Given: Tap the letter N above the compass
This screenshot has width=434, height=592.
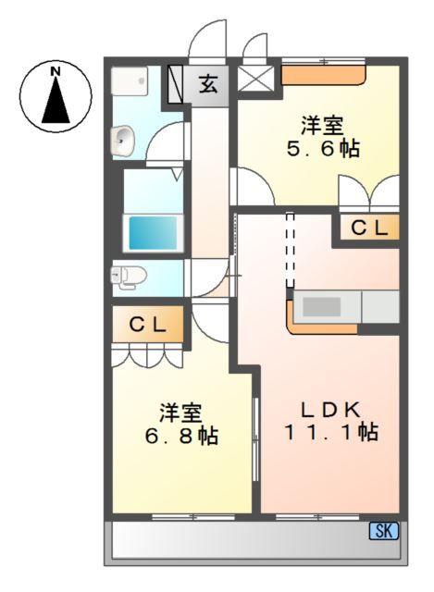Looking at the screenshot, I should pos(56,70).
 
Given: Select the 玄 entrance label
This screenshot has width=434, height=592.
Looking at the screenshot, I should pos(208,85).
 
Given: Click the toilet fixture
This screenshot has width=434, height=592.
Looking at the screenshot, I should pos(125,275).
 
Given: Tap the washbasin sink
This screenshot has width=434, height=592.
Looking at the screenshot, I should pos(123,141).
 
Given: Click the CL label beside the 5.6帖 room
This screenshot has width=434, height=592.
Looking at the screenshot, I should pos(366,228).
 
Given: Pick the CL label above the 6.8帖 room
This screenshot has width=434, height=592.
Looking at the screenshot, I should pos(147,325).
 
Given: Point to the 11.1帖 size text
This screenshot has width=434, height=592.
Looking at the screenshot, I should pos(329,431).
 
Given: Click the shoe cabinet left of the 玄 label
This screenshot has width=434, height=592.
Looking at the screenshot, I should pos(178,84).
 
